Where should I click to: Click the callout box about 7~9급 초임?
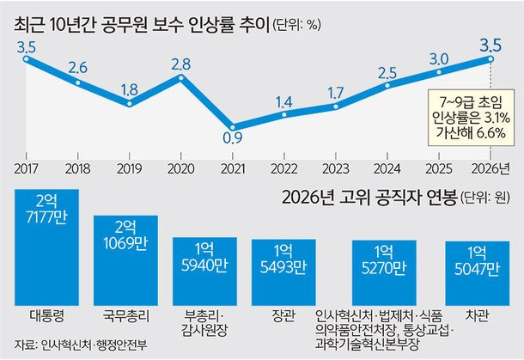[x=472, y=117]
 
